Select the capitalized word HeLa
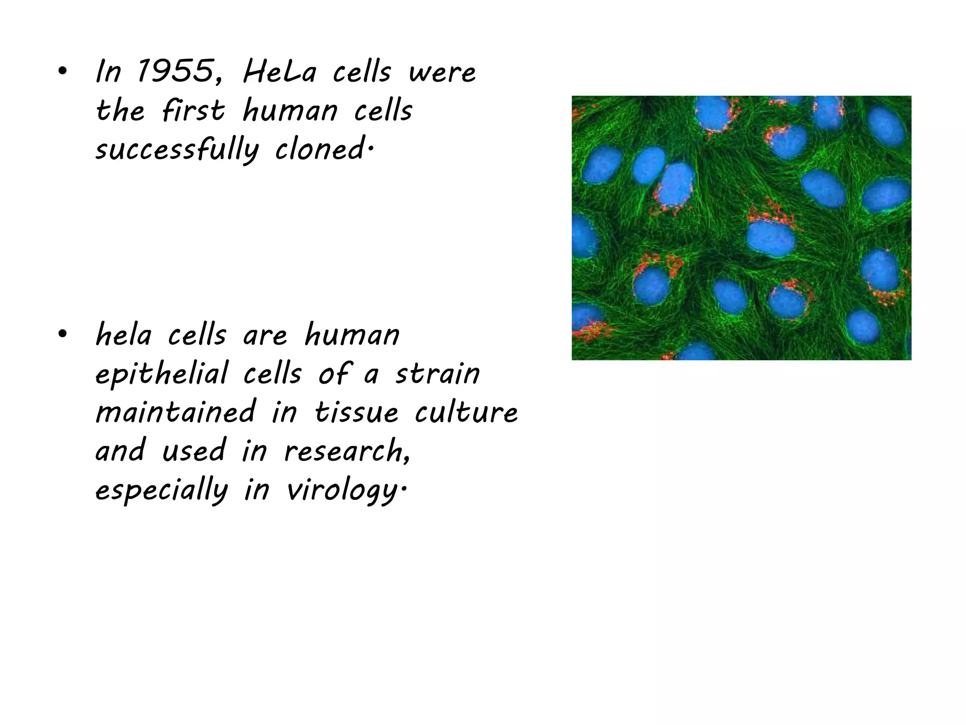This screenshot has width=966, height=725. [279, 72]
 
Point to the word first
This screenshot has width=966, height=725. [193, 111]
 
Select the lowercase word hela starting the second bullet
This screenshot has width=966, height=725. [124, 335]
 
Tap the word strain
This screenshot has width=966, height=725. [437, 373]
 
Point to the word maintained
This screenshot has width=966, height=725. [175, 412]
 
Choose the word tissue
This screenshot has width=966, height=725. [357, 412]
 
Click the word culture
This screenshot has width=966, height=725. [466, 412]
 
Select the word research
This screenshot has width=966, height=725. [347, 451]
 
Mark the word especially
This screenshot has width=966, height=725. [162, 490]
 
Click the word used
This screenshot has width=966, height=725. [194, 450]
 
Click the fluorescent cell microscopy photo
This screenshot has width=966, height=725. [741, 228]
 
